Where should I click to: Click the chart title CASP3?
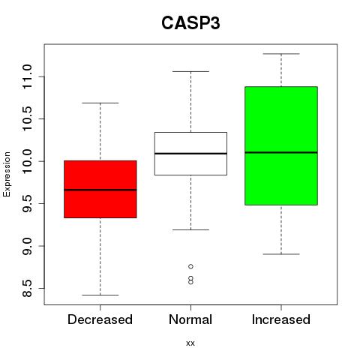[x=190, y=23]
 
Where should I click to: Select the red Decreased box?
[x=100, y=189]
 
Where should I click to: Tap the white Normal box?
[x=190, y=154]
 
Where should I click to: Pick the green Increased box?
[x=281, y=145]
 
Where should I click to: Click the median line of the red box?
[x=100, y=190]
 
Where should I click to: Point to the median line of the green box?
[x=281, y=152]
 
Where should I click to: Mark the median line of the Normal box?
[x=190, y=153]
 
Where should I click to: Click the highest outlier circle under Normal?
[x=190, y=266]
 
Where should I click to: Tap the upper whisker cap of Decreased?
[x=100, y=103]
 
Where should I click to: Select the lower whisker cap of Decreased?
[x=100, y=295]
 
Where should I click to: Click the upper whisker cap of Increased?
[x=281, y=54]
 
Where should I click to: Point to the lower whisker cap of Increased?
[x=281, y=254]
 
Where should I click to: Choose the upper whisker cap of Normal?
[x=190, y=71]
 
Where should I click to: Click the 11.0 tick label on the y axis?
[x=27, y=76]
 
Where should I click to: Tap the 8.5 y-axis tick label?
[x=27, y=288]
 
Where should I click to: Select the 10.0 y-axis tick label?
[x=27, y=161]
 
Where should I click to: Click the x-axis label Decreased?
[x=100, y=319]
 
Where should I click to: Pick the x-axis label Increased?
[x=281, y=319]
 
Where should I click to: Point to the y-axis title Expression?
[x=7, y=174]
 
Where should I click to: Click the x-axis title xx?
[x=190, y=343]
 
